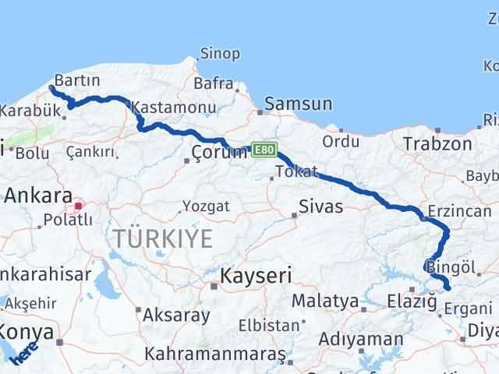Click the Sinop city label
coord(220,54)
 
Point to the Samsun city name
coord(298,103)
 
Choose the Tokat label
coord(296,171)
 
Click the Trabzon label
coord(437,143)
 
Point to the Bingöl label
coord(451,267)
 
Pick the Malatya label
coord(325,300)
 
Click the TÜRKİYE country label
coord(161,238)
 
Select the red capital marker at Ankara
coord(78,206)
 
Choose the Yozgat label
coord(206,206)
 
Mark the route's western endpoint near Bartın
coord(51,88)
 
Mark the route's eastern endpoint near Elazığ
coord(448,288)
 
